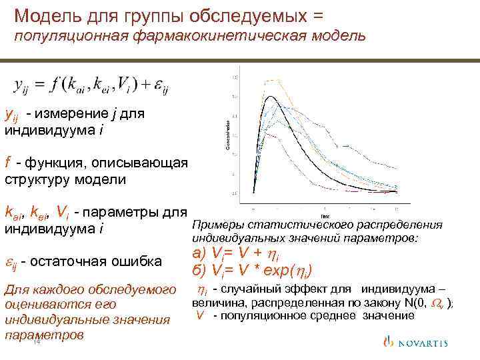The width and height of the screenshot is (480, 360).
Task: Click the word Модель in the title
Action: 46,14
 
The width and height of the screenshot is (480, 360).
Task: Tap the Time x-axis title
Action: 325,216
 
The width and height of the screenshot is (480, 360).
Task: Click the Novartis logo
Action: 419,343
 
